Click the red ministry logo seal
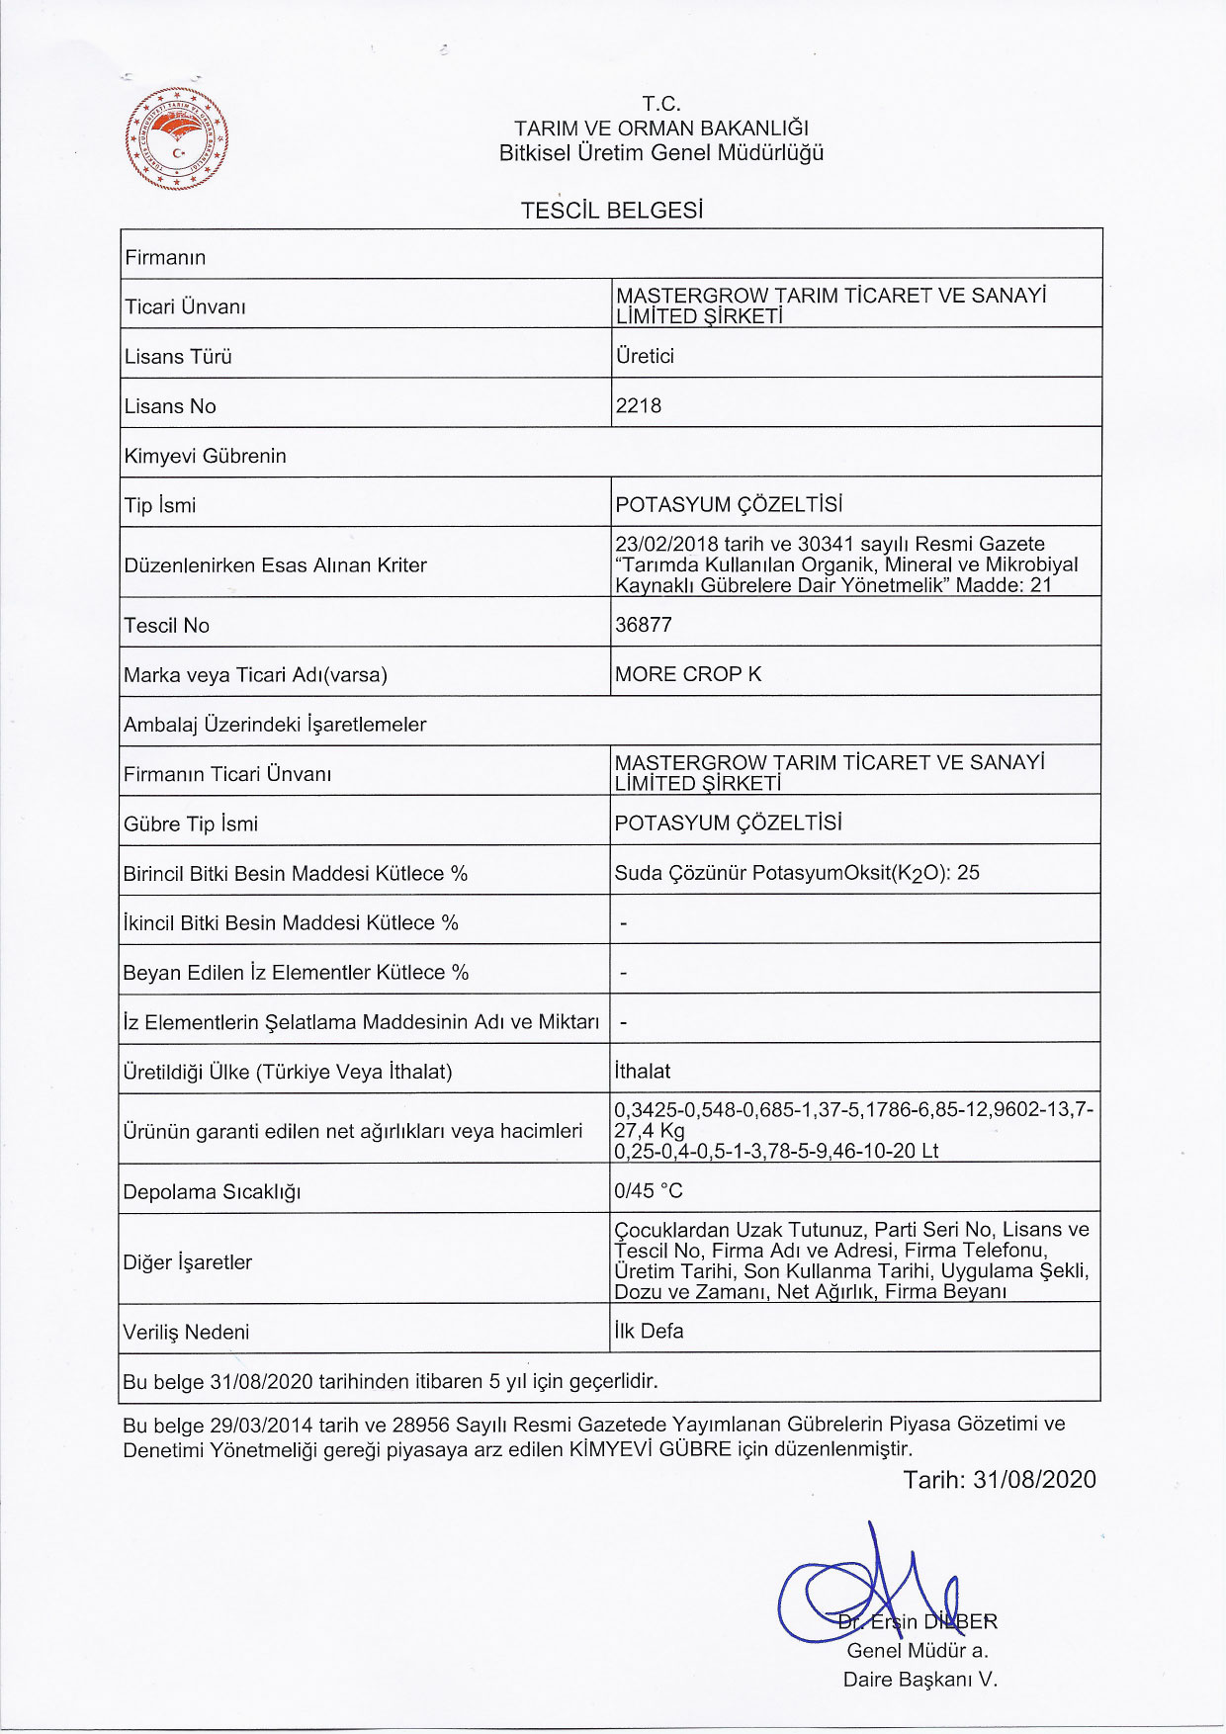(x=178, y=138)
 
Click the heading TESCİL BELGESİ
(x=612, y=211)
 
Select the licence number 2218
(x=638, y=405)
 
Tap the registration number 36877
(x=643, y=625)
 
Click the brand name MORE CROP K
(x=688, y=674)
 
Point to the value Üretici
(x=645, y=356)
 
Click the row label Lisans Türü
(x=178, y=357)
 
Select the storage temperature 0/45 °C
(x=649, y=1191)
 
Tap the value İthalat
(x=642, y=1072)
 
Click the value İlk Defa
(x=649, y=1332)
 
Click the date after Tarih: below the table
(x=1034, y=1480)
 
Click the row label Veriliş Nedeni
(x=186, y=1333)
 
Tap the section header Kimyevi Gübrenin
(x=206, y=456)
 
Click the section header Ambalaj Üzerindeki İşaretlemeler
(x=275, y=725)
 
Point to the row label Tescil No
(x=167, y=626)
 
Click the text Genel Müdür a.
(x=918, y=1650)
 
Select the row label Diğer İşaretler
(x=188, y=1262)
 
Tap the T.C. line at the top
(x=661, y=104)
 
